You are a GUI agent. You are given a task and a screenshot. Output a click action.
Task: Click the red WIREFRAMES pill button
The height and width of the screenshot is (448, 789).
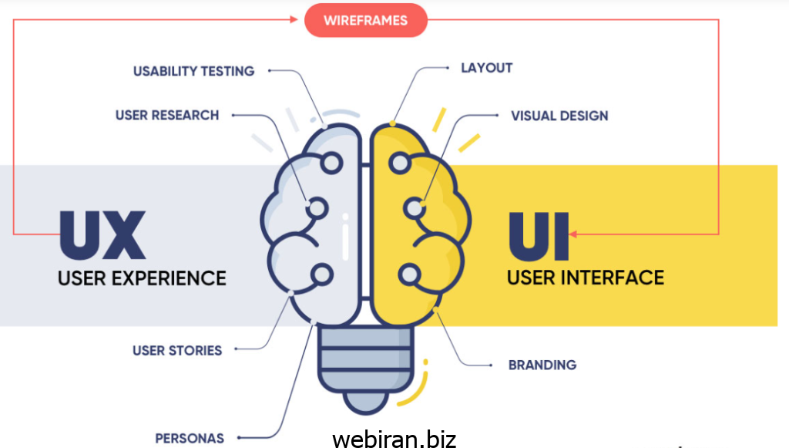tap(365, 20)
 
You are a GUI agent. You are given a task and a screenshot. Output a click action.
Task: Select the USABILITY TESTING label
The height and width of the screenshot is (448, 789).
tap(193, 71)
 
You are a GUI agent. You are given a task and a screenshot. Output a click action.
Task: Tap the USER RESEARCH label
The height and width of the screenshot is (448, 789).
tap(167, 115)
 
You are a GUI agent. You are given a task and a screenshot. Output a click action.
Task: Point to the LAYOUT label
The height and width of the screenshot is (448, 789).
tap(486, 68)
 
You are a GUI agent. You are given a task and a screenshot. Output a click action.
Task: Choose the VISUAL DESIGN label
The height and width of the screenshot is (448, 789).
tap(559, 116)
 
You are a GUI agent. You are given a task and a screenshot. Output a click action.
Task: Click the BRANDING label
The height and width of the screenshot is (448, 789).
tap(542, 365)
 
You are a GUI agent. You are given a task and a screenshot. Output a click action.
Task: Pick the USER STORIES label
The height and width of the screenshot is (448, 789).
tap(177, 350)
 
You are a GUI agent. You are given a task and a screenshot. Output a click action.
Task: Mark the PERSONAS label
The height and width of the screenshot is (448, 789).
tap(190, 438)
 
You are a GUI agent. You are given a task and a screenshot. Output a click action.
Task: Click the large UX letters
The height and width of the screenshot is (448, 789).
tap(102, 234)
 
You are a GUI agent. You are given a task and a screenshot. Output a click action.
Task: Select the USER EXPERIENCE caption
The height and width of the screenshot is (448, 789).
tap(142, 278)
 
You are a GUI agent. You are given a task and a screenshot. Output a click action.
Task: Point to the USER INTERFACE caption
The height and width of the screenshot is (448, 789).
tap(585, 277)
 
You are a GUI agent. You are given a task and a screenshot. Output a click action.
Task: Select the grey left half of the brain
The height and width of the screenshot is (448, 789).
tap(308, 224)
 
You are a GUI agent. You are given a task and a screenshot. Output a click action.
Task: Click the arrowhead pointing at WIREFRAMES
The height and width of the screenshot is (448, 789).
tap(294, 19)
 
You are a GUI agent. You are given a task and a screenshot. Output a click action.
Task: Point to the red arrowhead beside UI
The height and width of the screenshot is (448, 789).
tap(573, 234)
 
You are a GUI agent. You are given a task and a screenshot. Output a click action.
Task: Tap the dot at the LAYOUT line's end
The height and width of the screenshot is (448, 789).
tap(448, 68)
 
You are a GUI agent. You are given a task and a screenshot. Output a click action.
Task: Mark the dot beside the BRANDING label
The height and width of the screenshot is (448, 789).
tap(492, 365)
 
